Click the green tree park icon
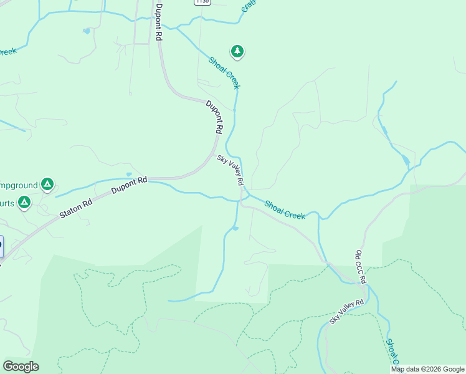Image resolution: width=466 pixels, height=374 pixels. [237, 51]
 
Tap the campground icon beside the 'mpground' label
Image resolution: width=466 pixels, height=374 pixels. [47, 184]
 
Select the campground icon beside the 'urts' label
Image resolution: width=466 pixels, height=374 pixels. [24, 202]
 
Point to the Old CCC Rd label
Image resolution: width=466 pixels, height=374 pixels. [361, 267]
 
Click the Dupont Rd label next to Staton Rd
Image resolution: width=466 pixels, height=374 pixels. [129, 185]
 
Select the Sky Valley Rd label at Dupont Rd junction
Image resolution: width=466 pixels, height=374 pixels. [230, 170]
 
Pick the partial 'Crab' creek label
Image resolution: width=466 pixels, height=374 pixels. [249, 6]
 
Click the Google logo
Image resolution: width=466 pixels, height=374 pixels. [21, 367]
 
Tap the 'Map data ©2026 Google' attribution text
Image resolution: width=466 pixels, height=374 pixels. [427, 369]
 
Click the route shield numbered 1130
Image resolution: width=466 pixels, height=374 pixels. [202, 2]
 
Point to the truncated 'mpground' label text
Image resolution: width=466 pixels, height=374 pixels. [17, 185]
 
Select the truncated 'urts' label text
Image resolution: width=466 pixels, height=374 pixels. [7, 203]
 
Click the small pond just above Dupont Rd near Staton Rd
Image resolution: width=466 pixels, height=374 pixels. [128, 175]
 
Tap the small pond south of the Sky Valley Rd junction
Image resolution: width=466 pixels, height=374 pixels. [235, 228]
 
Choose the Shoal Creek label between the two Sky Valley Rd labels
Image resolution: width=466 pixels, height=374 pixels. [285, 209]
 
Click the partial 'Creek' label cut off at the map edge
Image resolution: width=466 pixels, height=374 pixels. [7, 51]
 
